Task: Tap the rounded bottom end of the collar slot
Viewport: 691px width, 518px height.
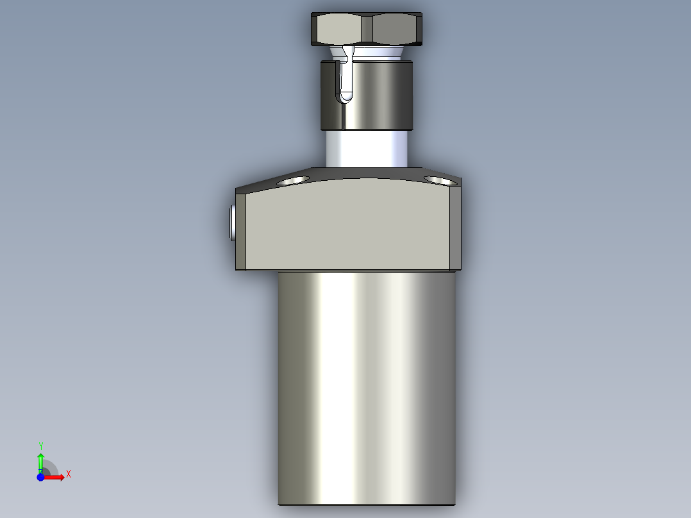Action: pos(346,97)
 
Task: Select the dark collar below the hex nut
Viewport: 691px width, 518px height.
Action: pos(378,94)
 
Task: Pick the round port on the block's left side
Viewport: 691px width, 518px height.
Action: pos(231,222)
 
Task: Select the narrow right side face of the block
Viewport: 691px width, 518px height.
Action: pos(454,228)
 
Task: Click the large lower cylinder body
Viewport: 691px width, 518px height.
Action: pos(367,385)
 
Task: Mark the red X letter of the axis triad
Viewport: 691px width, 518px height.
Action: pos(69,474)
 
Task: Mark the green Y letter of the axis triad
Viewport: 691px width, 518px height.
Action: pos(40,445)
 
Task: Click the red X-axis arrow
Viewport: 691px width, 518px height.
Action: pos(56,477)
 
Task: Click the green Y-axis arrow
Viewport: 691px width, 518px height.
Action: pos(40,460)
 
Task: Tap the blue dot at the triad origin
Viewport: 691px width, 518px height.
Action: pos(40,477)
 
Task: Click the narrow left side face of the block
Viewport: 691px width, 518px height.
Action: pos(241,231)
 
